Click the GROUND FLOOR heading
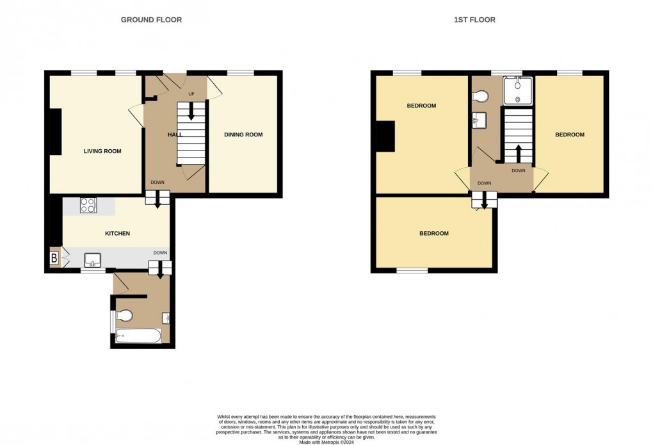(x=151, y=20)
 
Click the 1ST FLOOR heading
(x=474, y=20)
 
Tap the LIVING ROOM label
(x=102, y=152)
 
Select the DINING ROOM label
(x=243, y=134)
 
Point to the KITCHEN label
(x=117, y=234)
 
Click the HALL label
(x=175, y=135)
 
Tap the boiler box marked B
(x=54, y=258)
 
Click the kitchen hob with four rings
(x=88, y=206)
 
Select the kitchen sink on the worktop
(x=92, y=259)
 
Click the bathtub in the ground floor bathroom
(x=139, y=336)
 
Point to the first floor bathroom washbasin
(x=479, y=119)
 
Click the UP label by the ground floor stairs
(x=191, y=95)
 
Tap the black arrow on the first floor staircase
(x=518, y=154)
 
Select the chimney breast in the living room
(x=55, y=132)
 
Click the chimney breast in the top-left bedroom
(x=386, y=136)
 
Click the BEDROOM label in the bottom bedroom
(x=433, y=234)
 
